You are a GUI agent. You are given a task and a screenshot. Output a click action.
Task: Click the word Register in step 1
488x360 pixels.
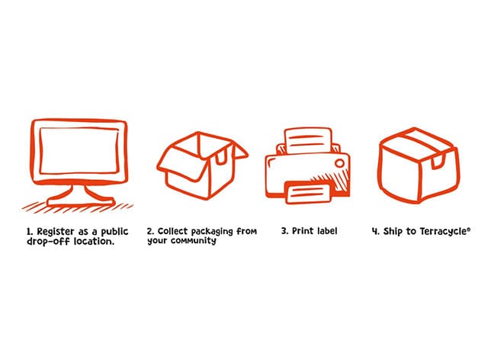(56, 232)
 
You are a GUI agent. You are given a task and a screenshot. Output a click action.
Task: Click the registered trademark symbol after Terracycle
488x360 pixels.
(468, 230)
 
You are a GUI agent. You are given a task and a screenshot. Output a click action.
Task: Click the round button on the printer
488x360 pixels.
(339, 163)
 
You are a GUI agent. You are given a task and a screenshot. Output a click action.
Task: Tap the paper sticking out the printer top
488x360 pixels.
(307, 141)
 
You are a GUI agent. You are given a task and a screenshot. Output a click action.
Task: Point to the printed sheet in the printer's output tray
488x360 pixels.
(309, 193)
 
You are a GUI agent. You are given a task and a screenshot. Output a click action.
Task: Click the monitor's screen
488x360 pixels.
(79, 150)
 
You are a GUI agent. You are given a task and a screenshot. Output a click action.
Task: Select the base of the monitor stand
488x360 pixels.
(80, 202)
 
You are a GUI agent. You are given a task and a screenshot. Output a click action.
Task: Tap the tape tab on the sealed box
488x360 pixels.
(437, 162)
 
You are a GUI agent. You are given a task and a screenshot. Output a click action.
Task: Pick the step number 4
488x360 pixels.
(375, 232)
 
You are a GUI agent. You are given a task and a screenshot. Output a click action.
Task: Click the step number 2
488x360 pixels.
(150, 231)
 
